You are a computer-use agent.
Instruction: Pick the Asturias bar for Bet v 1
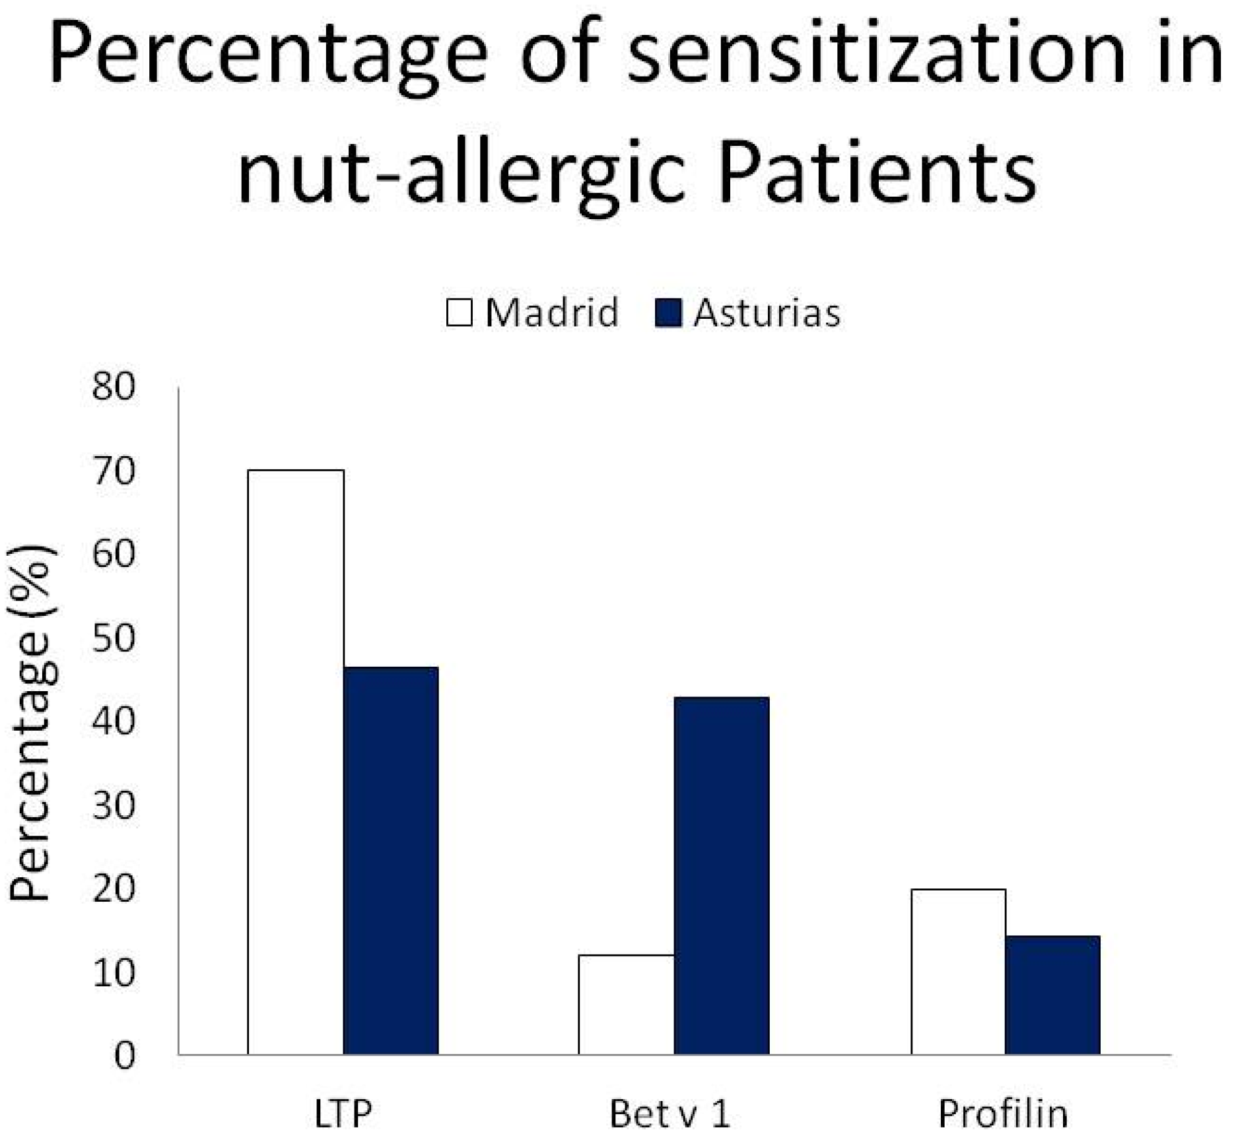click(722, 876)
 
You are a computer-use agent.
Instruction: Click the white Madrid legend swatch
click(460, 312)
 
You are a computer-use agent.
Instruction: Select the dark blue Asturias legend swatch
click(668, 312)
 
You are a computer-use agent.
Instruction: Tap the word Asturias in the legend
click(767, 313)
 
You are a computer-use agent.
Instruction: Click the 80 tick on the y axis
click(114, 387)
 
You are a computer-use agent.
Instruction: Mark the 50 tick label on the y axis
click(114, 638)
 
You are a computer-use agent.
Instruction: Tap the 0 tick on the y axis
click(125, 1055)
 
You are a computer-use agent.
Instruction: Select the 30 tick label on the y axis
click(114, 805)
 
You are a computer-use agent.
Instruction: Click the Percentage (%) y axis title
click(32, 722)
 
